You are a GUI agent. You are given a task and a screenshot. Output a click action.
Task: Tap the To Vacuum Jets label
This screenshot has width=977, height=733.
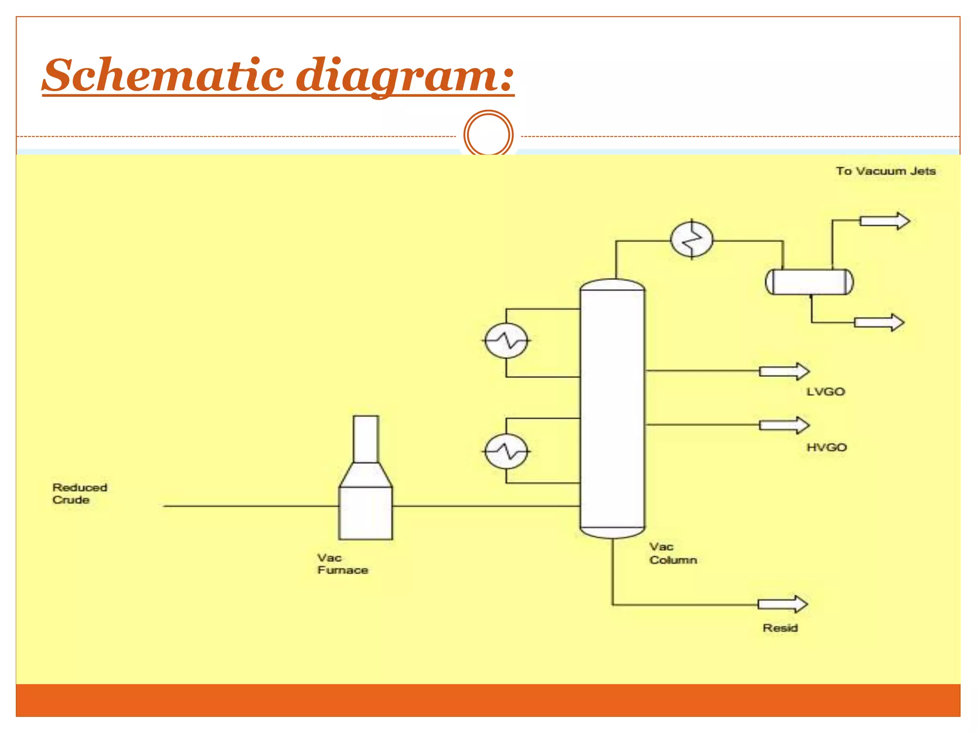(x=885, y=171)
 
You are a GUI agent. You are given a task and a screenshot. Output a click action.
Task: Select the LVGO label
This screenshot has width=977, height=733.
(x=825, y=392)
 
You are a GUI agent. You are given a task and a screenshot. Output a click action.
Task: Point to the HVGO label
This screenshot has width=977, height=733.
(x=826, y=448)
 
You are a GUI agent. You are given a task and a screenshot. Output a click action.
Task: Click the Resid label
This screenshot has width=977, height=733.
(x=780, y=628)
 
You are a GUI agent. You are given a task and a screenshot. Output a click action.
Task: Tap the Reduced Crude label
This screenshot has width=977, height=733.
(x=79, y=493)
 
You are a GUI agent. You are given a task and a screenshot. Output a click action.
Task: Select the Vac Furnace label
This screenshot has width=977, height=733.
(x=342, y=564)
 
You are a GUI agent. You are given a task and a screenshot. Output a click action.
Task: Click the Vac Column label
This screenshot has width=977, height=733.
(x=673, y=553)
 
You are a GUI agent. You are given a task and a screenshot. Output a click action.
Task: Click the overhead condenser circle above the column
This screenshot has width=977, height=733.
(x=692, y=239)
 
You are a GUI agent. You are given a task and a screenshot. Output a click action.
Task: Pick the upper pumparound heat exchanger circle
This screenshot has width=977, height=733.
(x=506, y=341)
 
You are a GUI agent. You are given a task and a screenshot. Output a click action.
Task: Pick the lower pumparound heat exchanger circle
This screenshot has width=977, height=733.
(x=506, y=451)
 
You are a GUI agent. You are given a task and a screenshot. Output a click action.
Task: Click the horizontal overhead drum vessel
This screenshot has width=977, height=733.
(x=809, y=282)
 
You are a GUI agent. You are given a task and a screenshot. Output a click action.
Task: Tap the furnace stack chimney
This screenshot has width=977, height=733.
(x=366, y=439)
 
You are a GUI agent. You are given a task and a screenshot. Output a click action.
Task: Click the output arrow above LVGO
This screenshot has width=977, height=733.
(x=784, y=371)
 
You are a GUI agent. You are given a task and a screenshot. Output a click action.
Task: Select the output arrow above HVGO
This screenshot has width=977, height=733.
(x=784, y=425)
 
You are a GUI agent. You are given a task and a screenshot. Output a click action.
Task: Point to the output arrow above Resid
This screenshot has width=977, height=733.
(x=782, y=604)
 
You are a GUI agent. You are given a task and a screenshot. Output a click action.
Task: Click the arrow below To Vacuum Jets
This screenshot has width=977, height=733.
(x=885, y=221)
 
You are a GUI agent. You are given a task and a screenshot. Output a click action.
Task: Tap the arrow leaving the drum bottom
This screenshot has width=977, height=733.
(x=879, y=323)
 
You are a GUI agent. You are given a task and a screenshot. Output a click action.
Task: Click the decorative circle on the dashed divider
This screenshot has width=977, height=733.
(x=488, y=135)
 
